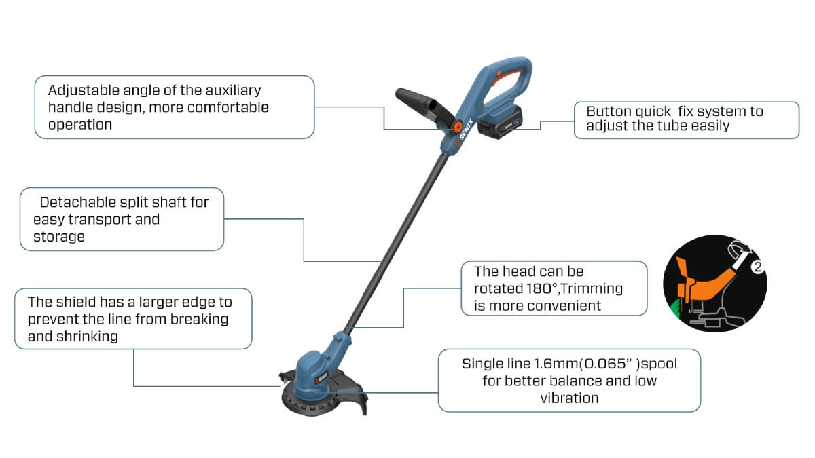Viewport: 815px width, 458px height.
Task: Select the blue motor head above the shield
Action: tap(314, 368)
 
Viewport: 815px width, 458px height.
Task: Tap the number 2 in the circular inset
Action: tap(759, 266)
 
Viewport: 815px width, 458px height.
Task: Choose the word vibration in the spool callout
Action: tap(569, 398)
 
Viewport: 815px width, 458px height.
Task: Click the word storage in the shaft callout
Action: tap(59, 237)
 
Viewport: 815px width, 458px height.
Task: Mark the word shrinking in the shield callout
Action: tap(87, 336)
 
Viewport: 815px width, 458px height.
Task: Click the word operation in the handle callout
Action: tap(79, 125)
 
